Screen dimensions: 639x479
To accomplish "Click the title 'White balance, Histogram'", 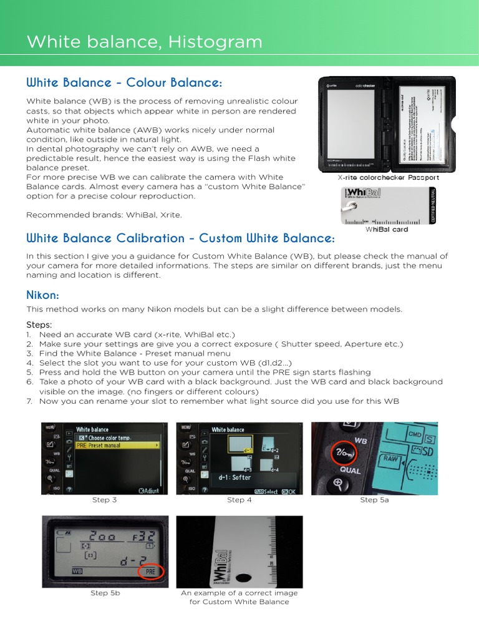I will [x=144, y=42].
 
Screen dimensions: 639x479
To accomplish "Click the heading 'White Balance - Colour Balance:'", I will [x=124, y=83].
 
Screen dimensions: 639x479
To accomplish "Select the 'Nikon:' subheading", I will [x=42, y=294].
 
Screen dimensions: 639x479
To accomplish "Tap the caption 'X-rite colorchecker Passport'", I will [x=388, y=178].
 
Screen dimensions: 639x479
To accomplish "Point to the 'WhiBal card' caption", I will [x=387, y=229].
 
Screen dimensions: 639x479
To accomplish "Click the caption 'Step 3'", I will [x=104, y=500].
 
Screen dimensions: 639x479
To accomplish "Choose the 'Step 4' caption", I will [x=239, y=500].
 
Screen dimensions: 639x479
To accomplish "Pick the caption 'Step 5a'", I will [x=374, y=500].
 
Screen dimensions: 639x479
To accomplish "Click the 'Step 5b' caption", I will [x=105, y=593].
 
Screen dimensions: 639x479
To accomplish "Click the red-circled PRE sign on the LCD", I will [x=150, y=572].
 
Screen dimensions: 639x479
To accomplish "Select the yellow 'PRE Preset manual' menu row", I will [x=116, y=446].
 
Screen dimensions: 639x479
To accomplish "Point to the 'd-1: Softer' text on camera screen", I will [x=235, y=477].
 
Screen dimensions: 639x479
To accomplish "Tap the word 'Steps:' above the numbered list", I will [x=39, y=324].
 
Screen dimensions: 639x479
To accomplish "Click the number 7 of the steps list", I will [x=29, y=401].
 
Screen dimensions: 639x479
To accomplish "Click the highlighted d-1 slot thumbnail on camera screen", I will [x=240, y=444].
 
